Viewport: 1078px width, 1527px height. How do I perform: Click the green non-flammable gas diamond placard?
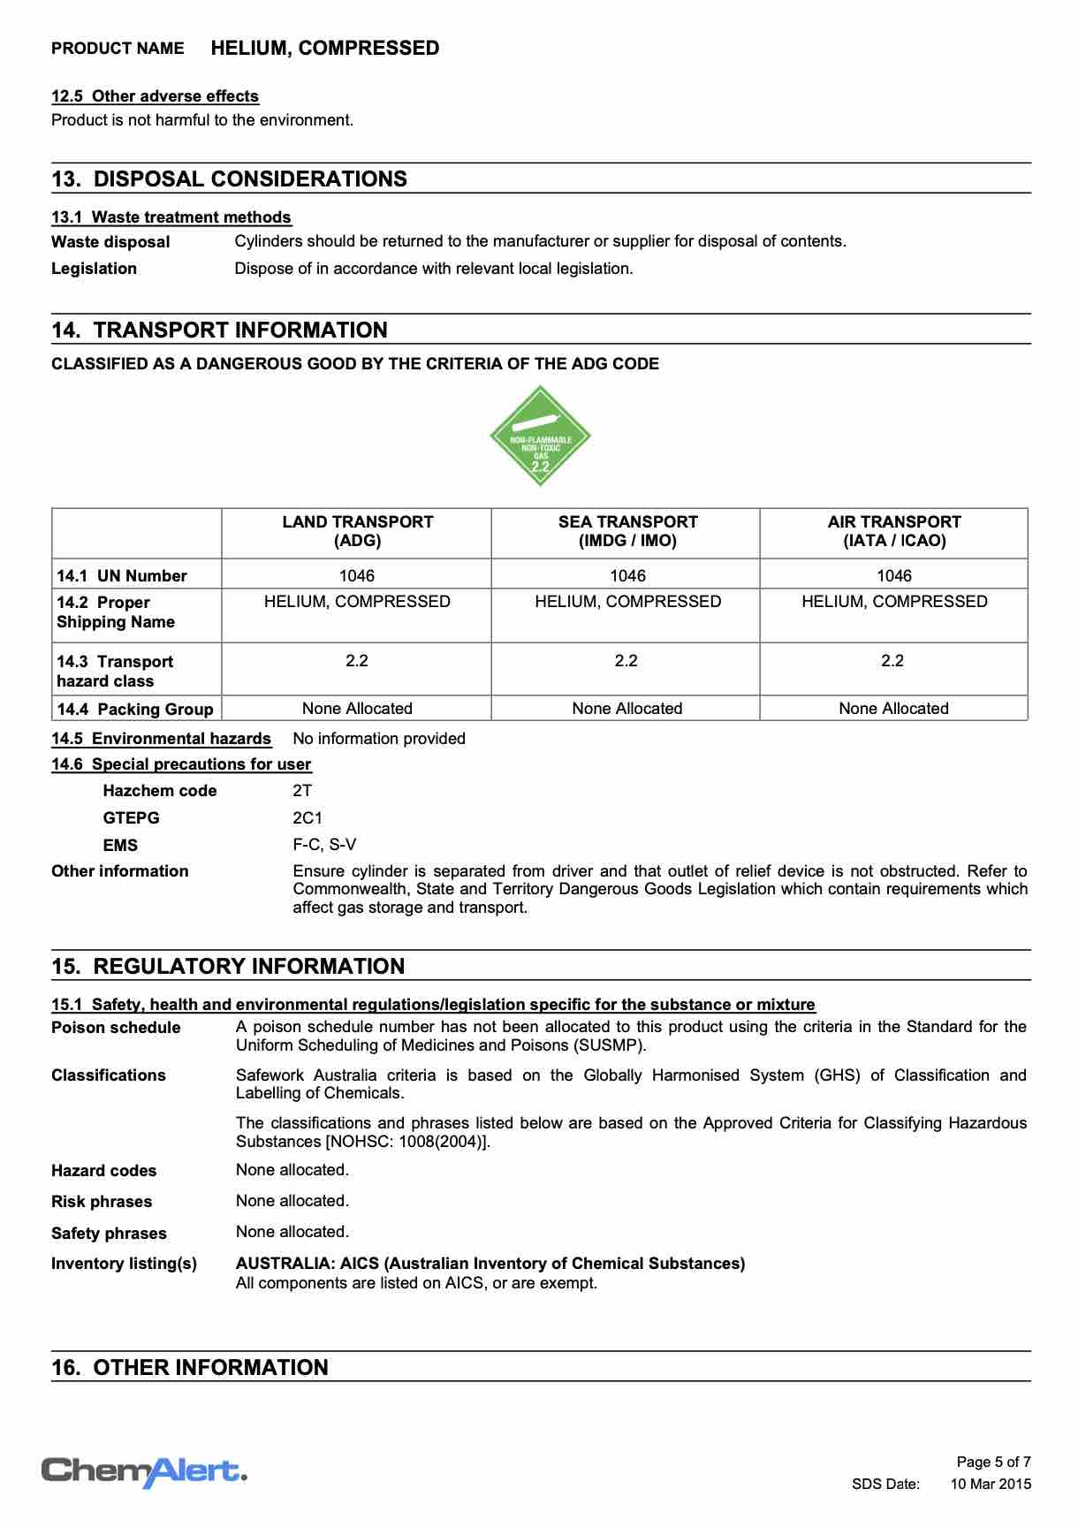[x=540, y=436]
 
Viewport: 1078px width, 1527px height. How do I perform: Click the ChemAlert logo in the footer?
[x=143, y=1471]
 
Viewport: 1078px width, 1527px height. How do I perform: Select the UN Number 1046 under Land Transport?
[x=357, y=575]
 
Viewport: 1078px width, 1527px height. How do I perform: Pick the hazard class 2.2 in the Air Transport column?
[x=892, y=661]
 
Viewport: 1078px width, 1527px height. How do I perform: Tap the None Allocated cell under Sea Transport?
[x=626, y=709]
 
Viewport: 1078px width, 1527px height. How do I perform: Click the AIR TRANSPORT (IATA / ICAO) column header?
[x=893, y=531]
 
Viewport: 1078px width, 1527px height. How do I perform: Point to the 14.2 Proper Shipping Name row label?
[x=116, y=612]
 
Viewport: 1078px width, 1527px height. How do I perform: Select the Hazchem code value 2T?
[x=302, y=791]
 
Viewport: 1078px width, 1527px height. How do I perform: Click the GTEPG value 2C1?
[x=307, y=818]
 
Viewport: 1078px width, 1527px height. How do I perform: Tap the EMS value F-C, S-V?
[x=324, y=845]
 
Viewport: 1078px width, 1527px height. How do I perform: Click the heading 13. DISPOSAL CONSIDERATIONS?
[x=230, y=179]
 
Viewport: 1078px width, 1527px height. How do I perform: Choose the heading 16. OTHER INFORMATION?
[x=190, y=1368]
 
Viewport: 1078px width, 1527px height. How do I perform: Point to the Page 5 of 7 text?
[x=994, y=1462]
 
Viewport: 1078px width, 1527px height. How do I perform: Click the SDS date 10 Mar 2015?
[x=991, y=1485]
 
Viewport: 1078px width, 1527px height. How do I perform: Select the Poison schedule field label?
[x=116, y=1028]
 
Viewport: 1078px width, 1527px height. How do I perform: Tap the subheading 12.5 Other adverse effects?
[x=155, y=96]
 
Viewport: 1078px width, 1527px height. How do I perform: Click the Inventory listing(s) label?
[x=124, y=1264]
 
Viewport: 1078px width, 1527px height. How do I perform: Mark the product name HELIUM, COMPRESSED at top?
[x=325, y=49]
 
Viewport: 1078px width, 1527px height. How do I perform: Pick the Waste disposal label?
[x=110, y=242]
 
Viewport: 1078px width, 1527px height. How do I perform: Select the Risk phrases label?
[x=102, y=1202]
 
